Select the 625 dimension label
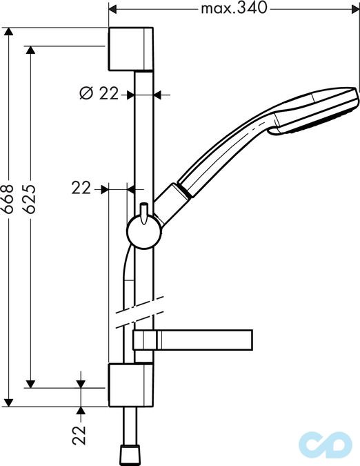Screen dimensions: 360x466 pyautogui.click(x=30, y=199)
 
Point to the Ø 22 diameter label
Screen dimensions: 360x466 pyautogui.click(x=99, y=93)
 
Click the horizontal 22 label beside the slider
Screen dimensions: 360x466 pyautogui.click(x=81, y=188)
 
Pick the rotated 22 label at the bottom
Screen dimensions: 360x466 pyautogui.click(x=79, y=435)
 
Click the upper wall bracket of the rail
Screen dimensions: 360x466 pyautogui.click(x=131, y=49)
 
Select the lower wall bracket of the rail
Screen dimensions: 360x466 pyautogui.click(x=131, y=385)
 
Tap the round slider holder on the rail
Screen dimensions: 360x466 pyautogui.click(x=144, y=232)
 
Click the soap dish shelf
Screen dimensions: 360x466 pyautogui.click(x=192, y=340)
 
